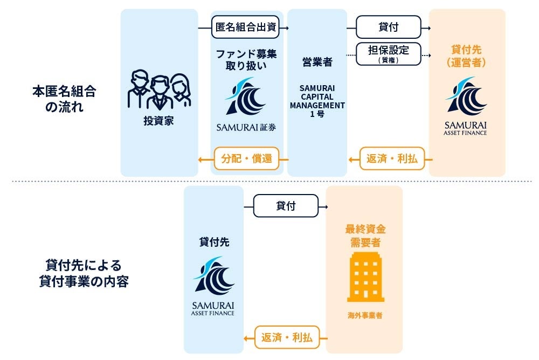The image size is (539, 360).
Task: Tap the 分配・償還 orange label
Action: [246, 158]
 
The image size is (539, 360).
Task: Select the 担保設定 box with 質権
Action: [389, 54]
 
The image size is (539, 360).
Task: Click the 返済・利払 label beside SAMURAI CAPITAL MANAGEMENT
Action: [392, 158]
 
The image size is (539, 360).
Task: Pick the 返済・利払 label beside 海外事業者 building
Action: [286, 337]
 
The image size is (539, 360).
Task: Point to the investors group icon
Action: [159, 89]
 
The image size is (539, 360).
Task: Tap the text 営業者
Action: [317, 62]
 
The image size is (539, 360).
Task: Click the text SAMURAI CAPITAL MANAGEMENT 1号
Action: [317, 101]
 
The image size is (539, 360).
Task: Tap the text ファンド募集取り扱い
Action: [246, 60]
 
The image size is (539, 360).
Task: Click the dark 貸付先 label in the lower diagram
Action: [214, 242]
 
